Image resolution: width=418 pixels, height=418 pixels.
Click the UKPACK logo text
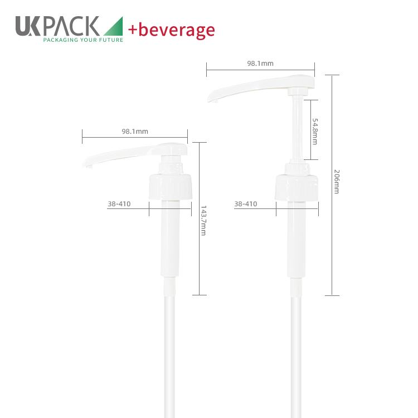(x=57, y=26)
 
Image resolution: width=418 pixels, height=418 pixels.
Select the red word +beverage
(x=172, y=30)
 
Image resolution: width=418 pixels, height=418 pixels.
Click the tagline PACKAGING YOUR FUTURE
(x=83, y=40)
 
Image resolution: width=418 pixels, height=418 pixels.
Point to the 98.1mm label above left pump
(x=135, y=131)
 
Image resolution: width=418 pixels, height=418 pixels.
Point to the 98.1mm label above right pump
(x=260, y=64)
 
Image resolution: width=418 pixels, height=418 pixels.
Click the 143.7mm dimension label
(x=203, y=221)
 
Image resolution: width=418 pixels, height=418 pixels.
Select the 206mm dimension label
(x=337, y=182)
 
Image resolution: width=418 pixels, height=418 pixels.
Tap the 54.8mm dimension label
(x=315, y=132)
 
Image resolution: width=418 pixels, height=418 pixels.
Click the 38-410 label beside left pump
(x=119, y=204)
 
